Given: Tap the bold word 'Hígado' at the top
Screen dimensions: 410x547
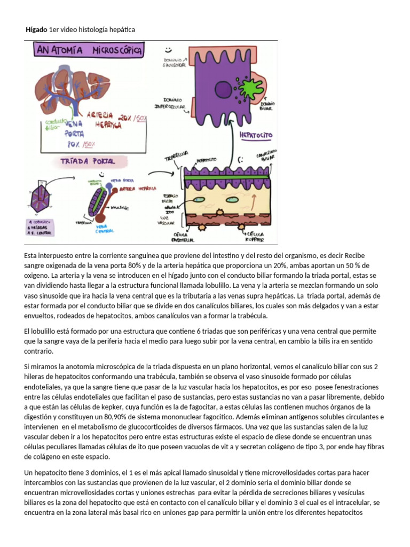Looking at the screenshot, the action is pyautogui.click(x=36, y=29).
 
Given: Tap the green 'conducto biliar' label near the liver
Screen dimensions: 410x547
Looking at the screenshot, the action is pyautogui.click(x=50, y=124).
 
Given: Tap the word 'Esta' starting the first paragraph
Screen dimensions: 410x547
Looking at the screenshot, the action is pyautogui.click(x=32, y=255).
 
